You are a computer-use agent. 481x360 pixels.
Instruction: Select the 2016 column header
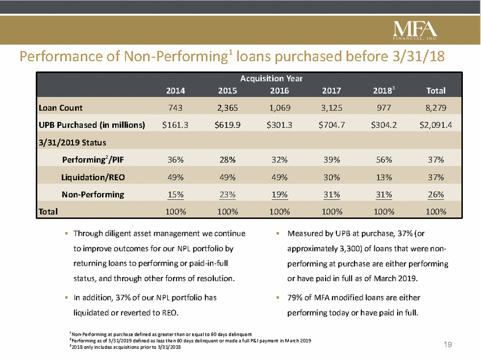click(x=280, y=90)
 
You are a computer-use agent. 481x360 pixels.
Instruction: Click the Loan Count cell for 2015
click(x=227, y=108)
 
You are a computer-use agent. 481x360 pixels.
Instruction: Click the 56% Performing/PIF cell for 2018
click(x=383, y=159)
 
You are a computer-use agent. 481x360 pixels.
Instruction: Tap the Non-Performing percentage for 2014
click(x=175, y=194)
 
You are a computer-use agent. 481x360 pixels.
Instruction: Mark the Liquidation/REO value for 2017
click(x=331, y=177)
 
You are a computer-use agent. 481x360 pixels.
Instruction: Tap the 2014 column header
click(x=175, y=90)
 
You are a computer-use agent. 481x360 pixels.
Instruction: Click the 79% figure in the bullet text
click(x=295, y=297)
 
